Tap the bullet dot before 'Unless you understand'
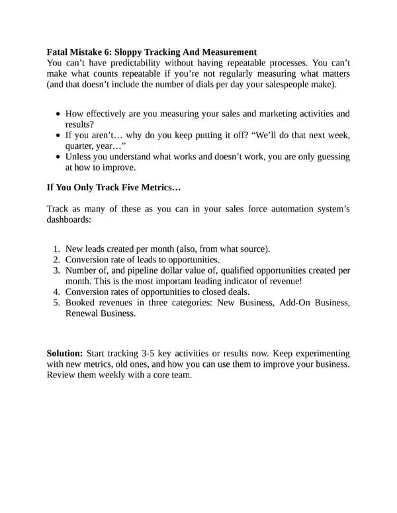(x=59, y=157)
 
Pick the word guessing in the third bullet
(x=330, y=157)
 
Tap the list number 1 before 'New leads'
(x=57, y=249)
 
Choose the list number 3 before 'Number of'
(x=57, y=270)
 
